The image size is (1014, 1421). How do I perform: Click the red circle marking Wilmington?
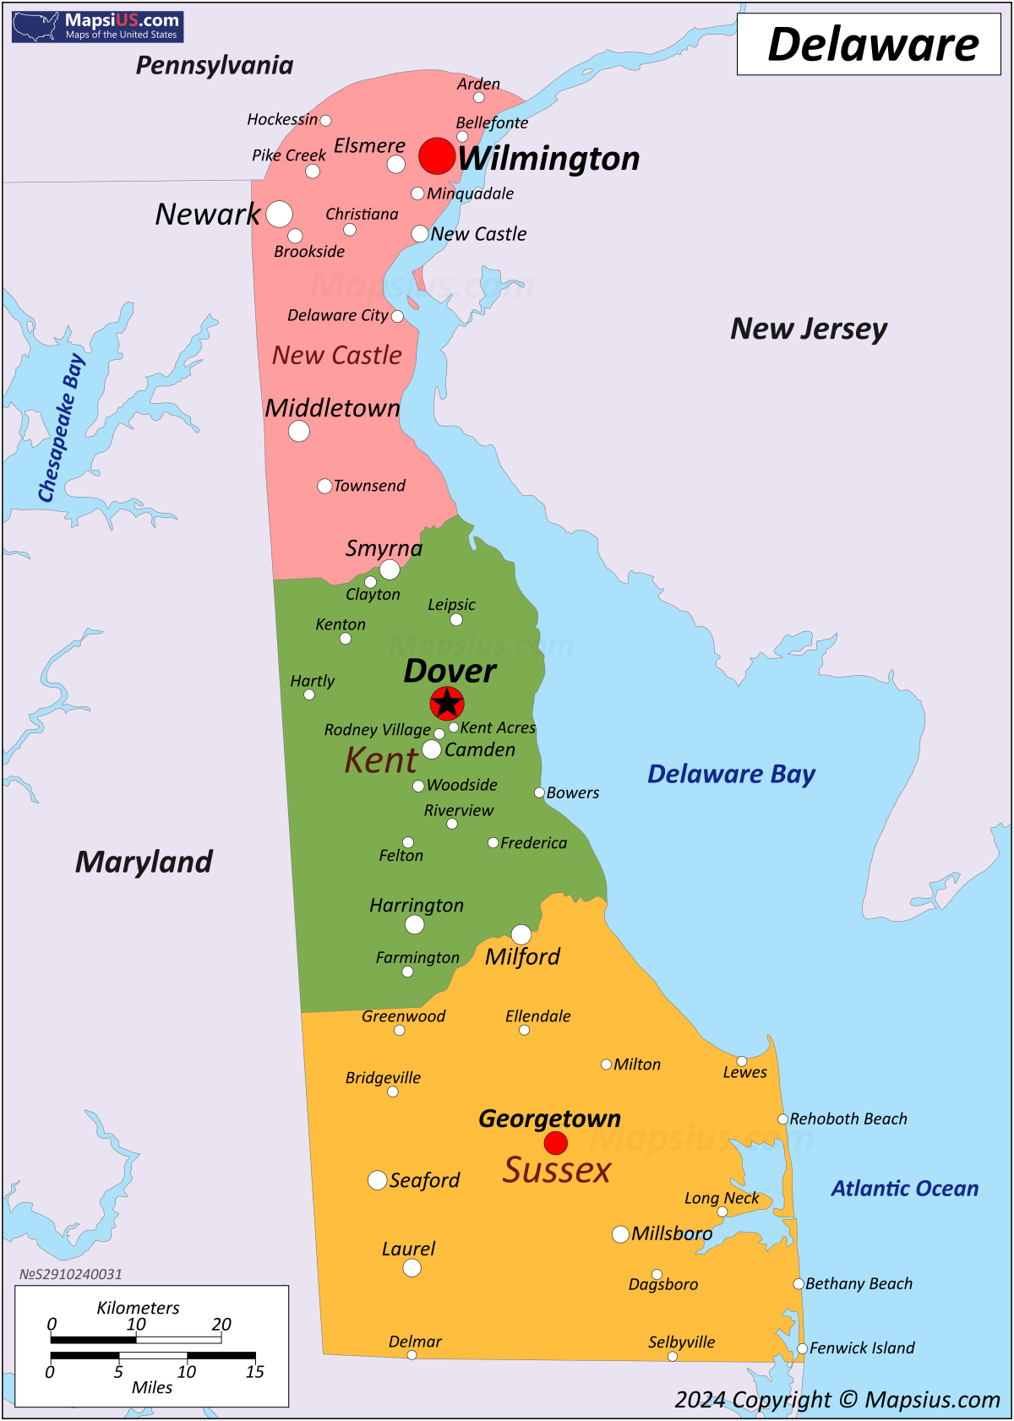point(437,156)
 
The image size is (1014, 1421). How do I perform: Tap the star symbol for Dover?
point(447,703)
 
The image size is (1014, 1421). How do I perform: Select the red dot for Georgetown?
point(555,1143)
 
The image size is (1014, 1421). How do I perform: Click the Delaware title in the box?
point(872,45)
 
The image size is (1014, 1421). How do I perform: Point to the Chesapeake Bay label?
point(61,428)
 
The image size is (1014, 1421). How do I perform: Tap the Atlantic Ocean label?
point(904,1189)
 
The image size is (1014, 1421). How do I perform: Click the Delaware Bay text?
point(731,774)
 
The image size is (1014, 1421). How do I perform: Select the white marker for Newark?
point(280,215)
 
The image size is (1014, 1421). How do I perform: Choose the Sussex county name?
point(556,1171)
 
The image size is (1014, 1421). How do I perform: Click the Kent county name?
point(380,760)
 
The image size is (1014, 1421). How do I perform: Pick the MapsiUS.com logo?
point(98,26)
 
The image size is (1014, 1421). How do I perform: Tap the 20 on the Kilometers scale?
point(221,1324)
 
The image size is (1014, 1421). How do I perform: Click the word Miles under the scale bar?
point(152,1387)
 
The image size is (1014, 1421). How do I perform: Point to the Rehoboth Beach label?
point(848,1119)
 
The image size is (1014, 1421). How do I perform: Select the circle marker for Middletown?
point(299,431)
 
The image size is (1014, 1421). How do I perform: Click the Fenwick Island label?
point(861,1348)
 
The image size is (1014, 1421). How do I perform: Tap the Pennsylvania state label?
point(215,65)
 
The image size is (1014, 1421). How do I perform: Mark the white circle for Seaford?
point(378,1180)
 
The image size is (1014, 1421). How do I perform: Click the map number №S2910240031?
point(71,1274)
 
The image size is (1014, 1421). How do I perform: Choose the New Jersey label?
point(809,329)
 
